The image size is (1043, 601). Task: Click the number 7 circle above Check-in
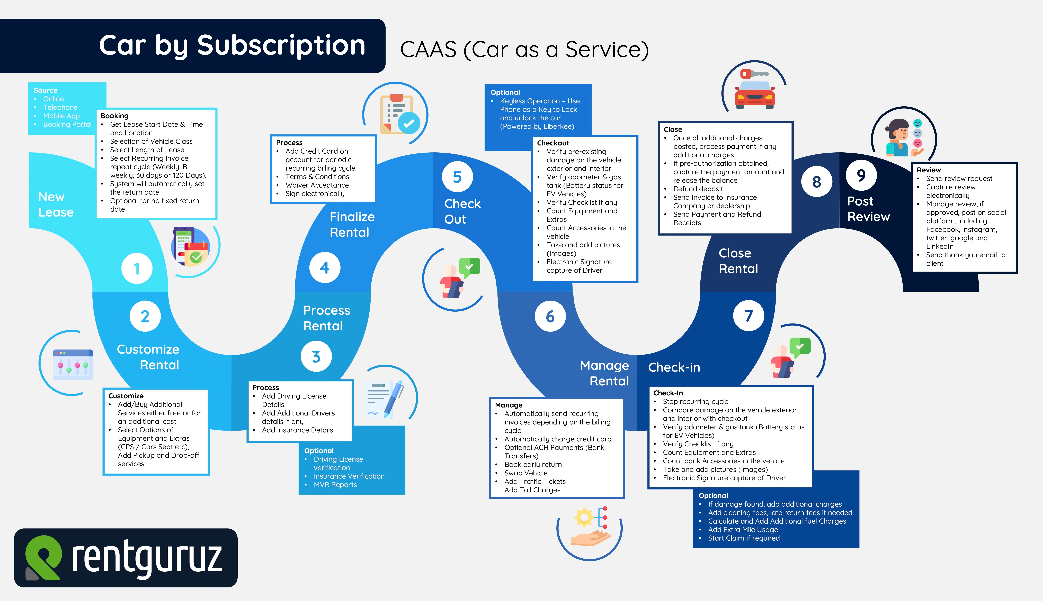tap(748, 316)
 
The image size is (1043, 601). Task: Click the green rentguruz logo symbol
tap(43, 557)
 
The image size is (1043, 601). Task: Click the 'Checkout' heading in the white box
tap(553, 143)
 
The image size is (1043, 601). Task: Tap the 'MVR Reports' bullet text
tap(335, 485)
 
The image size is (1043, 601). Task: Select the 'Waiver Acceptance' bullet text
tap(317, 185)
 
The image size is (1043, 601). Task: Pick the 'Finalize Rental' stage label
tap(352, 225)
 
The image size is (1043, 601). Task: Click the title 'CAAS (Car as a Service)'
tap(524, 50)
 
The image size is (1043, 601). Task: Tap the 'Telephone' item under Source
tap(60, 107)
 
